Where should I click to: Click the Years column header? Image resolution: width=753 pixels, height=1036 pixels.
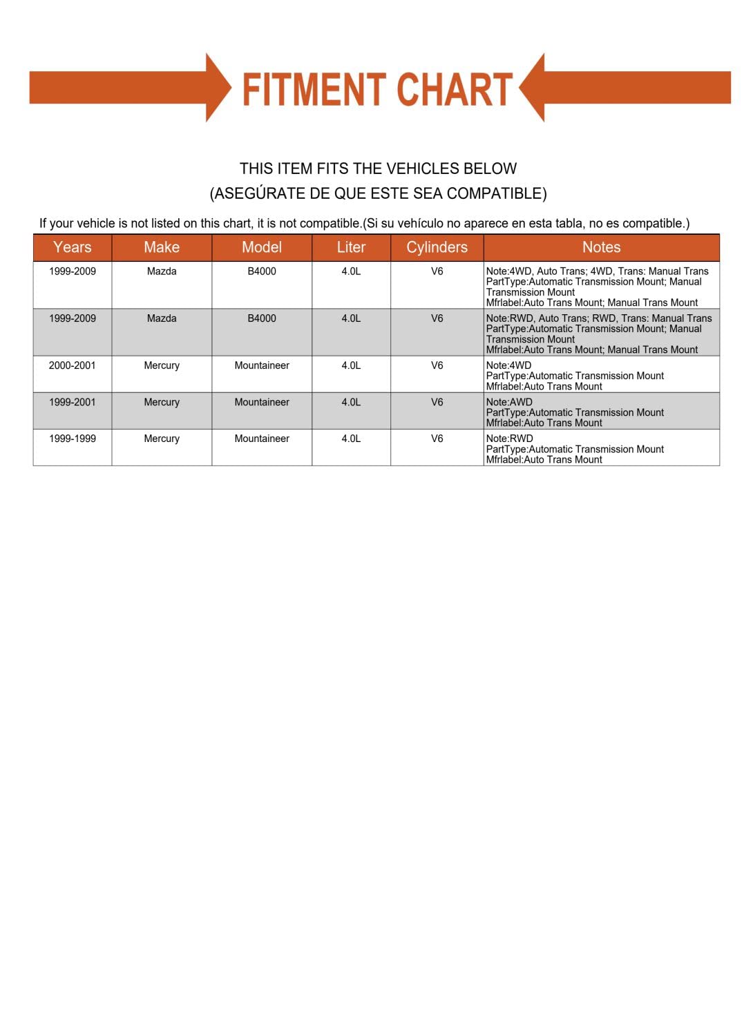click(x=72, y=247)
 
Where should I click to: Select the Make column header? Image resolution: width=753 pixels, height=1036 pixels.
click(x=162, y=247)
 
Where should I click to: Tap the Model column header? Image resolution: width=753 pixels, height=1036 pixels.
click(x=262, y=247)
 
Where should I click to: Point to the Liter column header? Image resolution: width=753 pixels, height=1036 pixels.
click(x=351, y=247)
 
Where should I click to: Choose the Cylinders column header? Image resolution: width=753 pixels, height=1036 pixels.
click(x=437, y=247)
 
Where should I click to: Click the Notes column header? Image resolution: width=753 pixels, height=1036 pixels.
click(x=601, y=247)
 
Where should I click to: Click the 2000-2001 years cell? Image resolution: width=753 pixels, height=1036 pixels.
click(x=72, y=365)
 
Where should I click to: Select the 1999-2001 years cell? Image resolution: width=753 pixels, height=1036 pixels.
click(x=72, y=402)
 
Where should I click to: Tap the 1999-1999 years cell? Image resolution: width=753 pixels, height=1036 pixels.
click(x=72, y=439)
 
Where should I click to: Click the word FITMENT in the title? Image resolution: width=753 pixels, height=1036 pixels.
click(x=314, y=90)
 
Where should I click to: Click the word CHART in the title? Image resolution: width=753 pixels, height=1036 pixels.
click(x=455, y=90)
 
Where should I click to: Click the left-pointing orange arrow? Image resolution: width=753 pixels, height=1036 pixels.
click(x=625, y=88)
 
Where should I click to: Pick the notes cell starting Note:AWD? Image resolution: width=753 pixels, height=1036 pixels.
click(x=575, y=412)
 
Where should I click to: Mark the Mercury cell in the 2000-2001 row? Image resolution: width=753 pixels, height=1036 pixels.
click(x=162, y=365)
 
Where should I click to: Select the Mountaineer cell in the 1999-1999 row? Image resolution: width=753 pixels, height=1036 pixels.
click(x=262, y=439)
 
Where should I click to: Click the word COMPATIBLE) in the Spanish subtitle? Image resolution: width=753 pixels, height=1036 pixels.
click(x=497, y=193)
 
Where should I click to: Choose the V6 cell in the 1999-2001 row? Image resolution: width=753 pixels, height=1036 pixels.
click(x=437, y=402)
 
